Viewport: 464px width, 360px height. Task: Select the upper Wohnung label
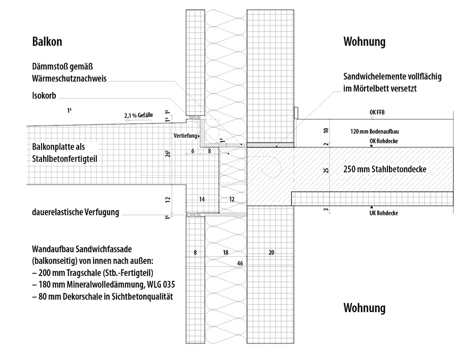coord(364,41)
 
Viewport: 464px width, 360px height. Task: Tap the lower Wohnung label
coord(364,308)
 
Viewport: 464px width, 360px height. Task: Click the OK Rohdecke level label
coord(384,141)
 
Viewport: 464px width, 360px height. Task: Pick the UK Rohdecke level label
coord(384,213)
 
